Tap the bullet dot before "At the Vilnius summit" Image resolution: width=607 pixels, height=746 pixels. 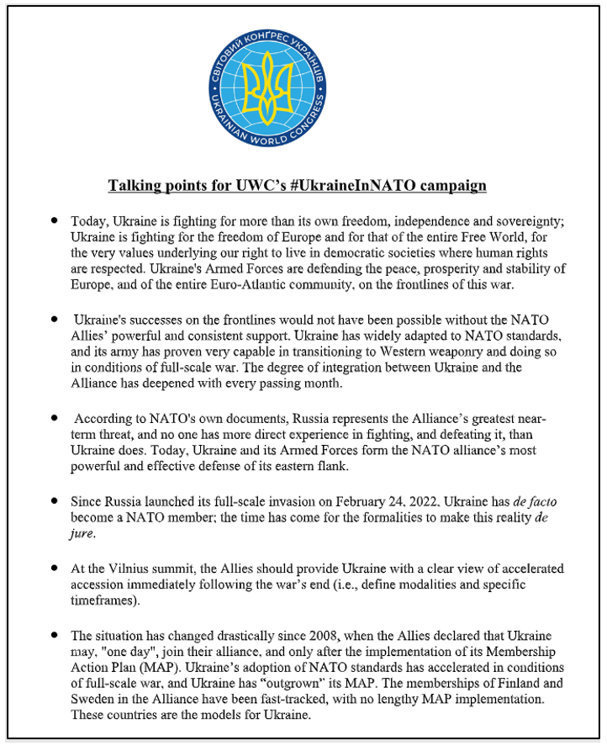pos(55,566)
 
